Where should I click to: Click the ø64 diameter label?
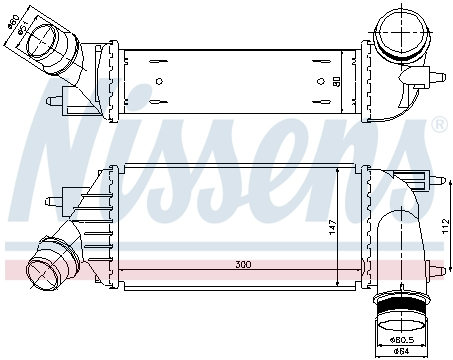point(399,350)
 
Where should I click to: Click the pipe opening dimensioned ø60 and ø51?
point(46,41)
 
